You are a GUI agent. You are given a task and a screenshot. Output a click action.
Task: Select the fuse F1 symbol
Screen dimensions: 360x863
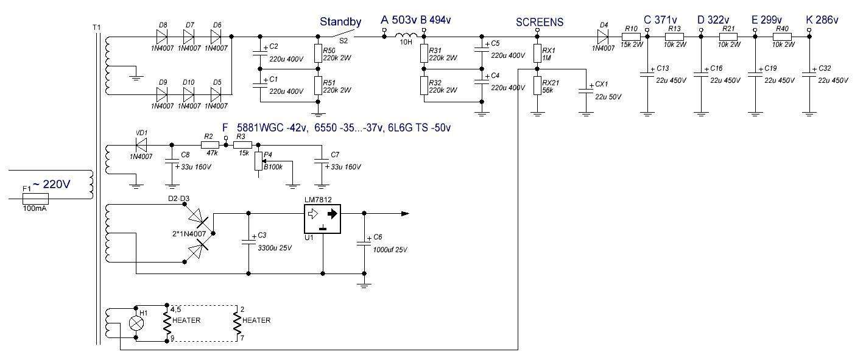(x=35, y=199)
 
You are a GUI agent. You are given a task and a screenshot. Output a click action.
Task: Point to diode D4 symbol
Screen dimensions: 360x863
(x=604, y=37)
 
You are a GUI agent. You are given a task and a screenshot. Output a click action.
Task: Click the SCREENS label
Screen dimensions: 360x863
(x=539, y=22)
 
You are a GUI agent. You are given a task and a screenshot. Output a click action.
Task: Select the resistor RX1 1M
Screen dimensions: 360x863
(x=538, y=54)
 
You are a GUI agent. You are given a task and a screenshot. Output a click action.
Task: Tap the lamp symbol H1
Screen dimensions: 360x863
(x=136, y=323)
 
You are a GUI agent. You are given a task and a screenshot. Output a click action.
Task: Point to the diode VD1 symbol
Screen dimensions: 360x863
(x=142, y=145)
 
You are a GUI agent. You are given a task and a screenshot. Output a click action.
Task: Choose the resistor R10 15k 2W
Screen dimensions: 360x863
(x=630, y=37)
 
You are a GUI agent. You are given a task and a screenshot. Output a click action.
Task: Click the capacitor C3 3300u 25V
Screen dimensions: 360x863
(x=248, y=242)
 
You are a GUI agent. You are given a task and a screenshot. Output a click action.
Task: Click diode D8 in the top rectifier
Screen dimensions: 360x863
(x=163, y=37)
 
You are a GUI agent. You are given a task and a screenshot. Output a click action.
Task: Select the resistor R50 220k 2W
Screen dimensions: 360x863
(x=317, y=54)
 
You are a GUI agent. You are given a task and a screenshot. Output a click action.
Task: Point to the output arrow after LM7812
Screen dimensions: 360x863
(x=404, y=213)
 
